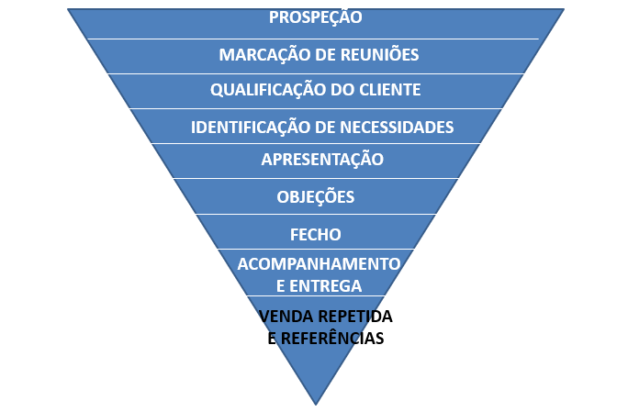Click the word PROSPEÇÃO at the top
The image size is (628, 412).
coord(315,17)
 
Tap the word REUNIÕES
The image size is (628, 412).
coord(378,55)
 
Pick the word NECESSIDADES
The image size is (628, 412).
coord(398,127)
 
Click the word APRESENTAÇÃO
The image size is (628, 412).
coord(322,159)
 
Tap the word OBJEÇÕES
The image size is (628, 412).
coord(315,196)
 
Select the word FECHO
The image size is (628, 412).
coord(315,234)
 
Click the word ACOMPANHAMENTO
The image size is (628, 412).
coord(319,264)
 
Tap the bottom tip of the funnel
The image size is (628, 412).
coord(316,403)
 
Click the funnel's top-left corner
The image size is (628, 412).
coord(69,9)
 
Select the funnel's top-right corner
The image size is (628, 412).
coord(564,9)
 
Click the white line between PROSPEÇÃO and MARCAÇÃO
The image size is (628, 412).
coord(315,39)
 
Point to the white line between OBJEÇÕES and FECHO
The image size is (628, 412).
coord(315,215)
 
